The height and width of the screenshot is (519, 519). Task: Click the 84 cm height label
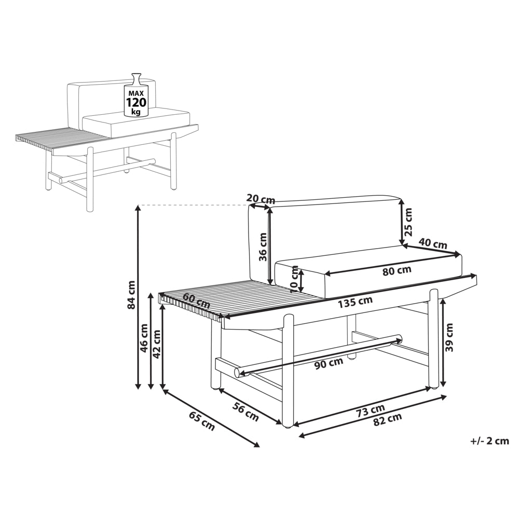(x=131, y=295)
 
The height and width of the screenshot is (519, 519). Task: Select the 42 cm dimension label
(x=157, y=344)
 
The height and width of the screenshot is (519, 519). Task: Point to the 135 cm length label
(x=355, y=302)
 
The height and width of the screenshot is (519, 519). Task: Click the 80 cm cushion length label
(x=397, y=271)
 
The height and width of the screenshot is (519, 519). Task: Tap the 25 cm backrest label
(x=409, y=222)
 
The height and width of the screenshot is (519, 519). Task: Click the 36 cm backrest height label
(x=263, y=247)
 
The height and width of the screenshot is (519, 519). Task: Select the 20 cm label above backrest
(x=261, y=199)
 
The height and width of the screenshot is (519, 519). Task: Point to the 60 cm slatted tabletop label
(x=196, y=300)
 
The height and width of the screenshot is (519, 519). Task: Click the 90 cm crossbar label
(x=329, y=364)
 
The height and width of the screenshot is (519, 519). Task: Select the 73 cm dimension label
(x=370, y=411)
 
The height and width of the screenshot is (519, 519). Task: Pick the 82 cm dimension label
(x=387, y=419)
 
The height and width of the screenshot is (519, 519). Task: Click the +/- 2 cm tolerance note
(x=489, y=441)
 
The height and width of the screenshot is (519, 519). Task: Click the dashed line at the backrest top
(x=194, y=205)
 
